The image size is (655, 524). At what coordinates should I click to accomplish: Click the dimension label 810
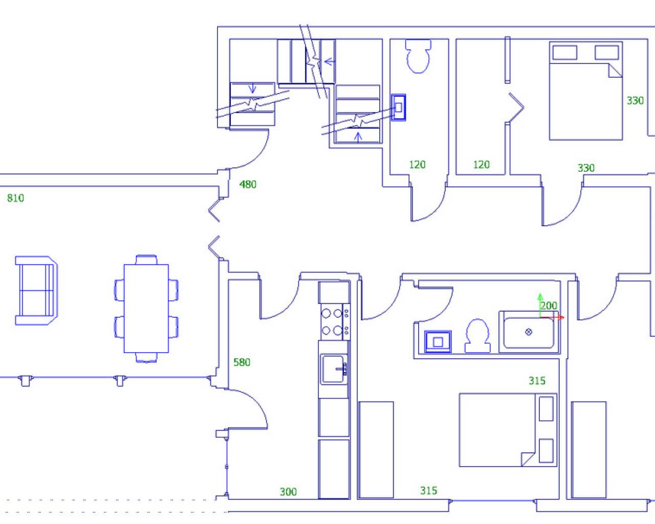15,198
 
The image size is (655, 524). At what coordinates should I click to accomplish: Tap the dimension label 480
248,185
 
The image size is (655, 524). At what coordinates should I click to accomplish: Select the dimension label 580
242,362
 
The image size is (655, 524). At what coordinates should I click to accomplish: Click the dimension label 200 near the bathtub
549,305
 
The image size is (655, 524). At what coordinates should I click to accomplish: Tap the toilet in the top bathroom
418,56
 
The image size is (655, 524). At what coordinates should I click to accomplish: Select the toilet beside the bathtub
477,336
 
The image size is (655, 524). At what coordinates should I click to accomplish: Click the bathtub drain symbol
529,332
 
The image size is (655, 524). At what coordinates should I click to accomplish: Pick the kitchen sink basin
334,369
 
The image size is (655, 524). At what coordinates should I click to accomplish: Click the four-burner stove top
335,322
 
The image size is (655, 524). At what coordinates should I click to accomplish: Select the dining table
146,309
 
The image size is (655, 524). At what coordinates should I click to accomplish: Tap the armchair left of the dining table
36,291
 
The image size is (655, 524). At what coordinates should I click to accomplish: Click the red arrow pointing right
552,317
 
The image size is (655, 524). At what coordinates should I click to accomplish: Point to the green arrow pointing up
540,305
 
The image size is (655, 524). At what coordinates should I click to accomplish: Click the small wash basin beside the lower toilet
438,342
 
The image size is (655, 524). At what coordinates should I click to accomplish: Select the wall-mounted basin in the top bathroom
398,107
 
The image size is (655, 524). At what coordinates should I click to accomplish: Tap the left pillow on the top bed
564,52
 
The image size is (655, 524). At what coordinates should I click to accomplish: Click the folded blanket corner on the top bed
615,70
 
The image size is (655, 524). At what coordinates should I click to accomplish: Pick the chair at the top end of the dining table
146,260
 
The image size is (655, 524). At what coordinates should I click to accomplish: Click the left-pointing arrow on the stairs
330,62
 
